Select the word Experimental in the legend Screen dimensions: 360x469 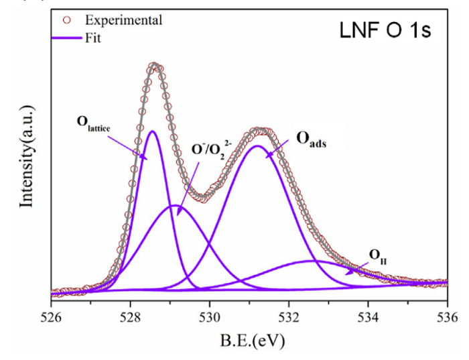[x=127, y=20]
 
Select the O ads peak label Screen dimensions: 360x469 [x=313, y=141]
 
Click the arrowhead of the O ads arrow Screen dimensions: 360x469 [x=267, y=156]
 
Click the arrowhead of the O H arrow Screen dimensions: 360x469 [x=346, y=273]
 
